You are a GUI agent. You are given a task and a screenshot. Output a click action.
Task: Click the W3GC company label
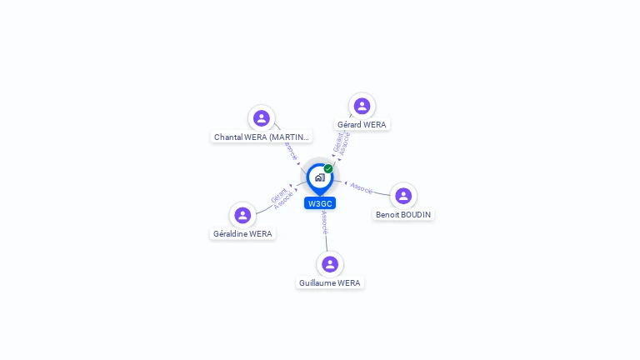320,203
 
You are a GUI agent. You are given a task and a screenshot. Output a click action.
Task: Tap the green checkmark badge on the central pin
328,169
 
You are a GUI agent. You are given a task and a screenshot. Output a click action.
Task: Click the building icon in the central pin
319,177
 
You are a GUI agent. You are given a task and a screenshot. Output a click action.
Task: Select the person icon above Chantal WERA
262,118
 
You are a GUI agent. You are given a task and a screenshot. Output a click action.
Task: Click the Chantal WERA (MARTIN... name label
262,137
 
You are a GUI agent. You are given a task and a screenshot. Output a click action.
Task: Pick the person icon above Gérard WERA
362,106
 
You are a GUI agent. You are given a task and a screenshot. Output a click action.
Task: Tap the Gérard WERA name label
362,124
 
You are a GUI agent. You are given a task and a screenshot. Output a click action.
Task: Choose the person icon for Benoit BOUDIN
403,196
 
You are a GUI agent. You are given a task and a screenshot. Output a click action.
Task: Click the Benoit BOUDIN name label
403,214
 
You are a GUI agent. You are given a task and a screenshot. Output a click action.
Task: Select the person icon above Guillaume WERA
330,264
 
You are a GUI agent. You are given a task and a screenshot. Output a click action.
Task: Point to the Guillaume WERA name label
330,282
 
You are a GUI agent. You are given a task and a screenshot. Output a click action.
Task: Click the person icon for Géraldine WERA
242,215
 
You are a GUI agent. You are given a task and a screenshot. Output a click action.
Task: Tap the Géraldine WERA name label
242,233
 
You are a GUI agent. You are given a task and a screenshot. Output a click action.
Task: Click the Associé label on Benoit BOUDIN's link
362,188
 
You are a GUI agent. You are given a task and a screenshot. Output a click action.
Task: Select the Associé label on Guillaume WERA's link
324,222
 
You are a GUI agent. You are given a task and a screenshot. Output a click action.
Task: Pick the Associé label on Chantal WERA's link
290,150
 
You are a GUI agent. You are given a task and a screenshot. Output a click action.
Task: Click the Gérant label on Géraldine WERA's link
279,196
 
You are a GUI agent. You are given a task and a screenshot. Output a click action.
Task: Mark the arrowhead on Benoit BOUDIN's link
346,182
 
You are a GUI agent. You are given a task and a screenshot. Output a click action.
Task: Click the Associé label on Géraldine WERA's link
283,202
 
